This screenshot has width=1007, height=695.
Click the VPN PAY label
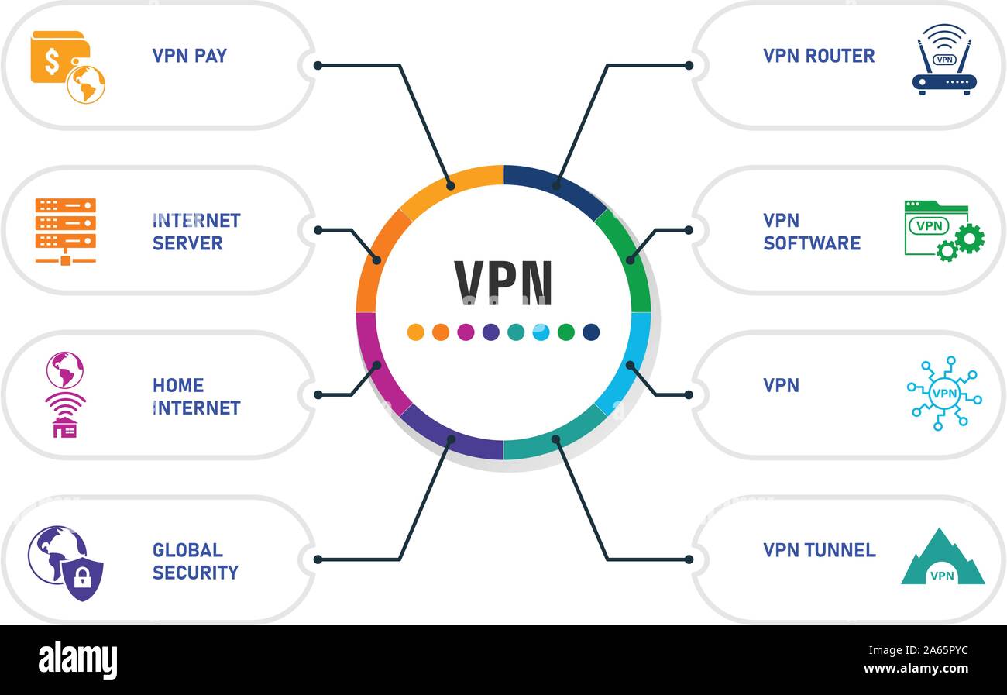coord(189,56)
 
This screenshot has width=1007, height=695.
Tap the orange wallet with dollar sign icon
coord(60,58)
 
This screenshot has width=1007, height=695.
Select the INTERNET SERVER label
coord(196,232)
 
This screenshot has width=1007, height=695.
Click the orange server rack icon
coord(66,230)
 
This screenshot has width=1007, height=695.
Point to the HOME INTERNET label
coord(196,396)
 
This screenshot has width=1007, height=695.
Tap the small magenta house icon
coord(65,427)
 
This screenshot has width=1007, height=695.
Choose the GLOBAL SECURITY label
coord(194,561)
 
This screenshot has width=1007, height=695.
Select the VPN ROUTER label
coord(818,56)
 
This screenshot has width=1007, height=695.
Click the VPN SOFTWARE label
coord(811,232)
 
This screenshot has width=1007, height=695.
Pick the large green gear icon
coord(969,238)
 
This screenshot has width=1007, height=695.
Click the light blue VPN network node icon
coord(943,394)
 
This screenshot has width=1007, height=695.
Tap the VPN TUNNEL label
coord(819,550)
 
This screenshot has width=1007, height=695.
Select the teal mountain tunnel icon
coord(942,559)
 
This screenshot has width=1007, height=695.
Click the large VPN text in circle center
coord(503,282)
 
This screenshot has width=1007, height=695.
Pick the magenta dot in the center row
coord(466,332)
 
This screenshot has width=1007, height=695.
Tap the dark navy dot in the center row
coord(591,332)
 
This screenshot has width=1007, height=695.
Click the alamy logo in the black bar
coord(77,660)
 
